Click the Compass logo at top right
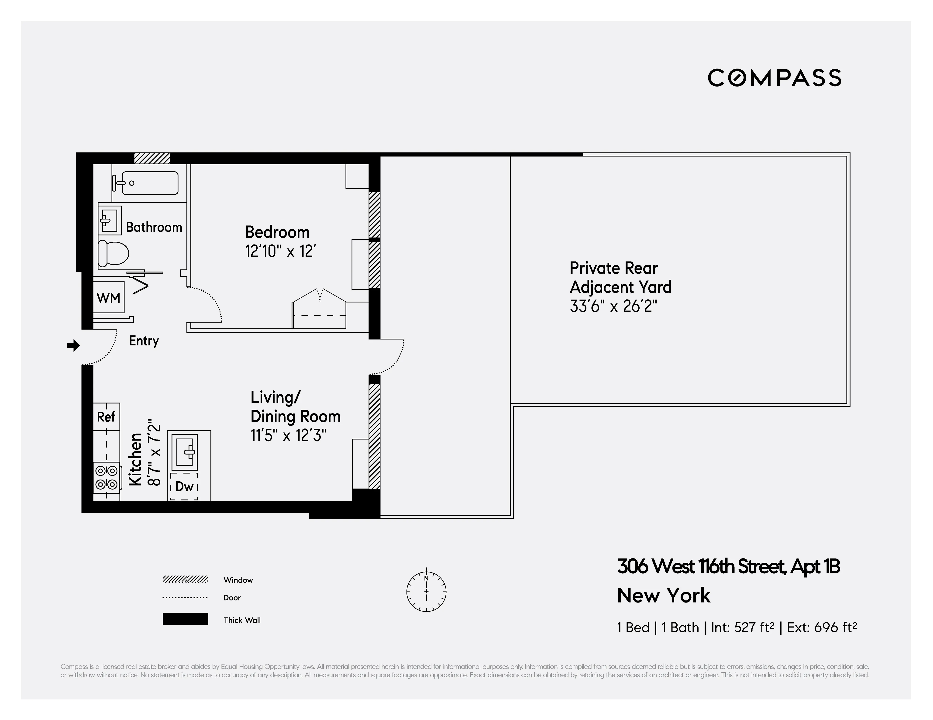point(774,78)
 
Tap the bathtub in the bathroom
point(150,183)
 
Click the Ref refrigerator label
point(106,417)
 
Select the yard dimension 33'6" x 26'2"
point(613,306)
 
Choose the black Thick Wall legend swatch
point(185,619)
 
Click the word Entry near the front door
point(144,341)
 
